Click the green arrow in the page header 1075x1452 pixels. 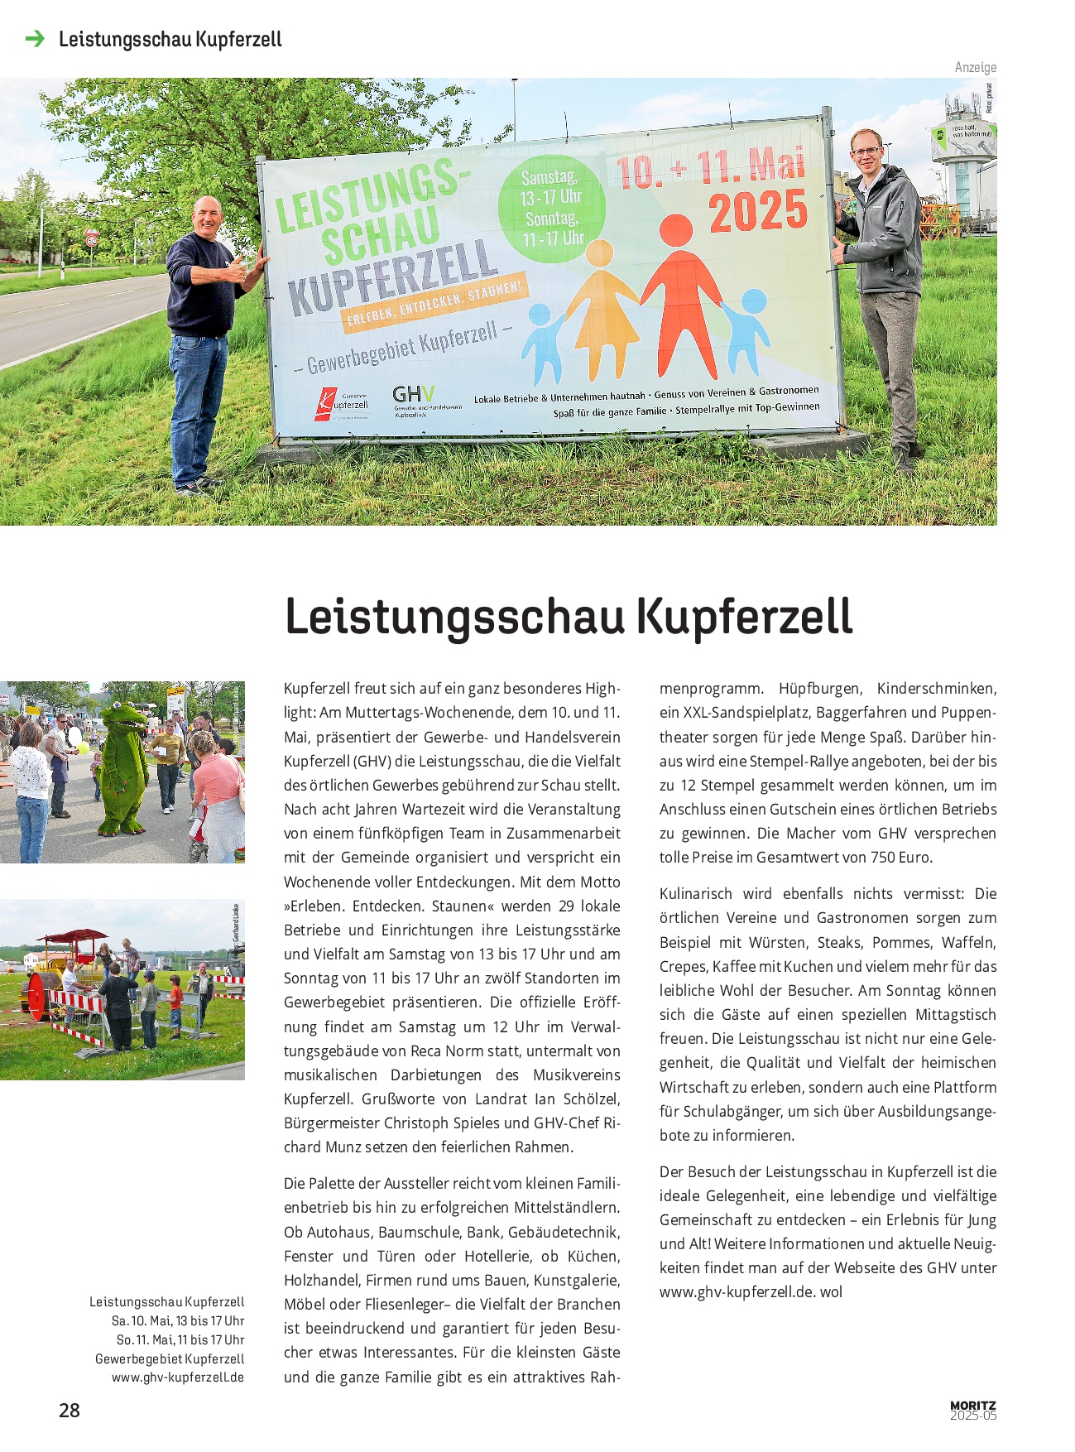(x=35, y=39)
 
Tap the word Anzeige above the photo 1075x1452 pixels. (x=975, y=67)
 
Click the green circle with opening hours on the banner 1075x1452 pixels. (x=552, y=209)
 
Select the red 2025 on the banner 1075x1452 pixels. (x=757, y=211)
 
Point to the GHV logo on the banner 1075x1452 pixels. (x=412, y=395)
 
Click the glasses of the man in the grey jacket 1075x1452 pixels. (x=866, y=151)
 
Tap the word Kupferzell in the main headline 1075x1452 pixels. (x=745, y=618)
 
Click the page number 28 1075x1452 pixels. (x=70, y=1410)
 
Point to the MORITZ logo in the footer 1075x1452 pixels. (x=972, y=1406)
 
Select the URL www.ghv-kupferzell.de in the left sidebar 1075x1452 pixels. (x=178, y=1377)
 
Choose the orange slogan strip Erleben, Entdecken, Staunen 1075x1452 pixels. (x=435, y=306)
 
